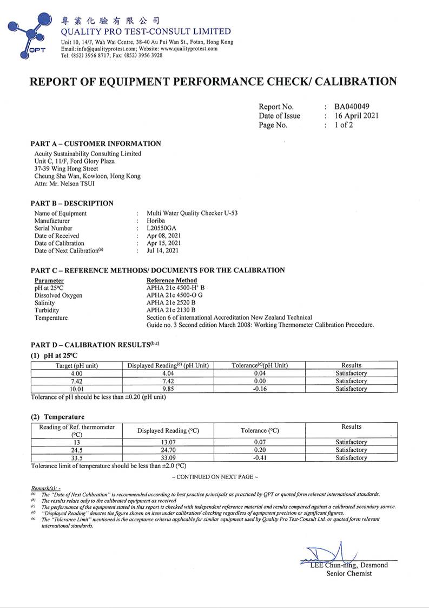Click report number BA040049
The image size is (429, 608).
[x=352, y=106]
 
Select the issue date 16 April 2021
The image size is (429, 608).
[x=357, y=115]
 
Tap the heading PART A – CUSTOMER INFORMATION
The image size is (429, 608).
[x=96, y=144]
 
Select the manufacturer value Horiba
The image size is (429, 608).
[x=156, y=221]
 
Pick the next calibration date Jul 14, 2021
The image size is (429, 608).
[x=163, y=250]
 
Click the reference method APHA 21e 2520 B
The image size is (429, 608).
[x=171, y=302]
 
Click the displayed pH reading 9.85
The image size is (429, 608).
[x=168, y=389]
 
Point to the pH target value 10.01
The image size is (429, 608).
[x=76, y=389]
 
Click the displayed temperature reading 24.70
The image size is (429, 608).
[x=168, y=450]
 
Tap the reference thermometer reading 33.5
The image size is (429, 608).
[x=76, y=457]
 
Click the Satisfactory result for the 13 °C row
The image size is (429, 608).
[x=351, y=442]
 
